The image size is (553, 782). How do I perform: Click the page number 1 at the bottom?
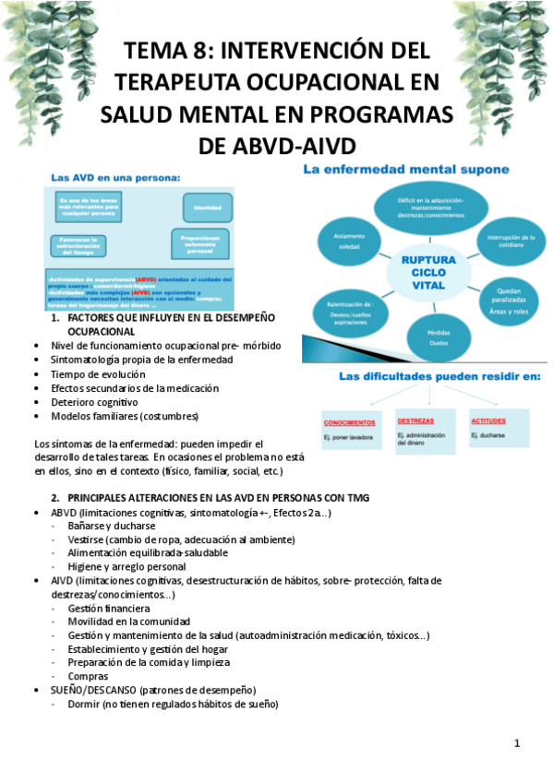(x=517, y=743)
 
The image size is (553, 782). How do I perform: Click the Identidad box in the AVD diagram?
(x=207, y=208)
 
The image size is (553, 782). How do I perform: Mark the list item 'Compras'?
(x=88, y=676)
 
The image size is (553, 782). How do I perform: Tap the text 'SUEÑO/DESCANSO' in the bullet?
(x=91, y=690)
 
